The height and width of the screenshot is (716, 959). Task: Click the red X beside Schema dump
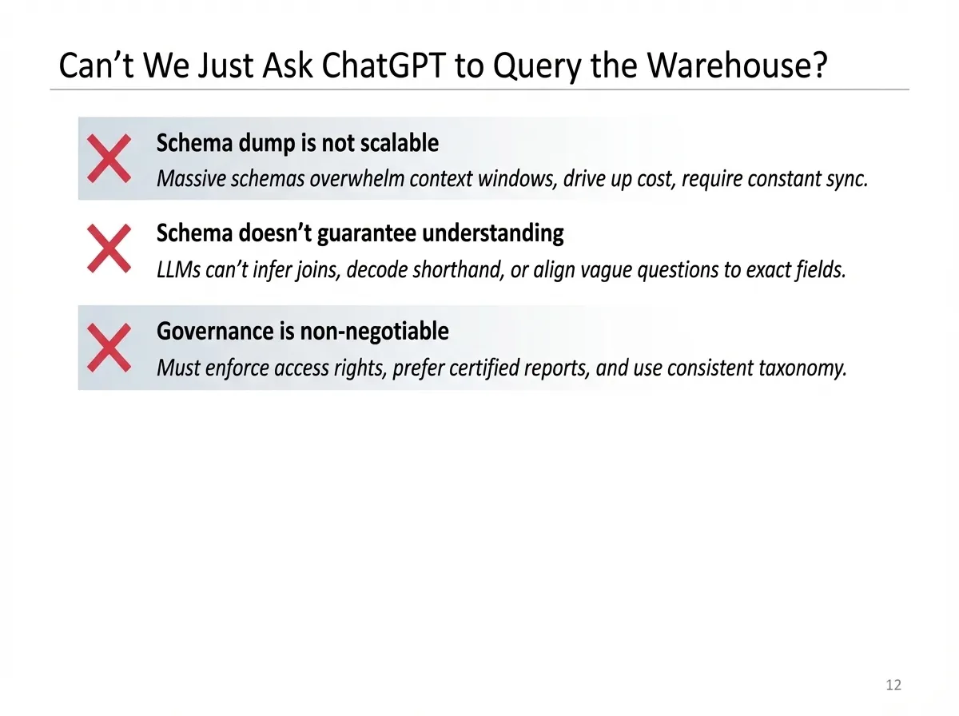pyautogui.click(x=109, y=158)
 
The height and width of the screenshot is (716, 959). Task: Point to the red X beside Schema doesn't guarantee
pyautogui.click(x=109, y=249)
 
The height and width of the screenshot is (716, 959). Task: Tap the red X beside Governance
pyautogui.click(x=109, y=348)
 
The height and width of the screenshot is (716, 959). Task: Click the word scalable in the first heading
pyautogui.click(x=400, y=143)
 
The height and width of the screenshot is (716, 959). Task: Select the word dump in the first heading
pyautogui.click(x=266, y=145)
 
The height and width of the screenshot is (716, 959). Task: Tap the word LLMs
pyautogui.click(x=178, y=269)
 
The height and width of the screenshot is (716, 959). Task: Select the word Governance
pyautogui.click(x=215, y=331)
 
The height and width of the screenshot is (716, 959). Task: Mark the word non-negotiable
pyautogui.click(x=375, y=332)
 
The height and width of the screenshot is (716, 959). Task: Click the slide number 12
pyautogui.click(x=893, y=685)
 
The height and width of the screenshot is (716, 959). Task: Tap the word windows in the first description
pyautogui.click(x=518, y=179)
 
